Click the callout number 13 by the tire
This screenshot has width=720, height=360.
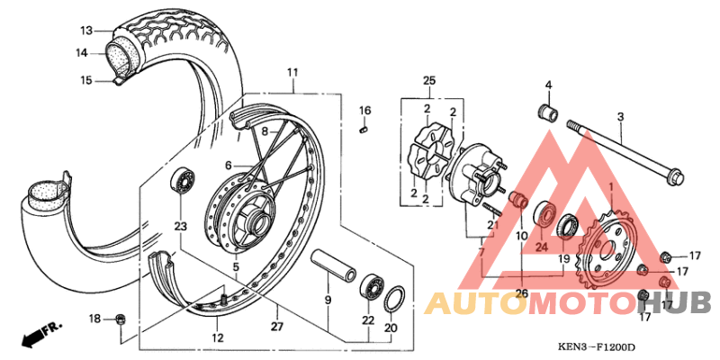pyautogui.click(x=85, y=31)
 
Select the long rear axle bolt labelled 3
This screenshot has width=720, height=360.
pyautogui.click(x=621, y=153)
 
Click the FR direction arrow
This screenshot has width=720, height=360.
pyautogui.click(x=34, y=336)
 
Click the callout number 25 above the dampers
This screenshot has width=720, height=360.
pyautogui.click(x=427, y=81)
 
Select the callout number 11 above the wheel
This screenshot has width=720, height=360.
pyautogui.click(x=292, y=72)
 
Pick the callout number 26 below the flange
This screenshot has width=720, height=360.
pyautogui.click(x=522, y=292)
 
